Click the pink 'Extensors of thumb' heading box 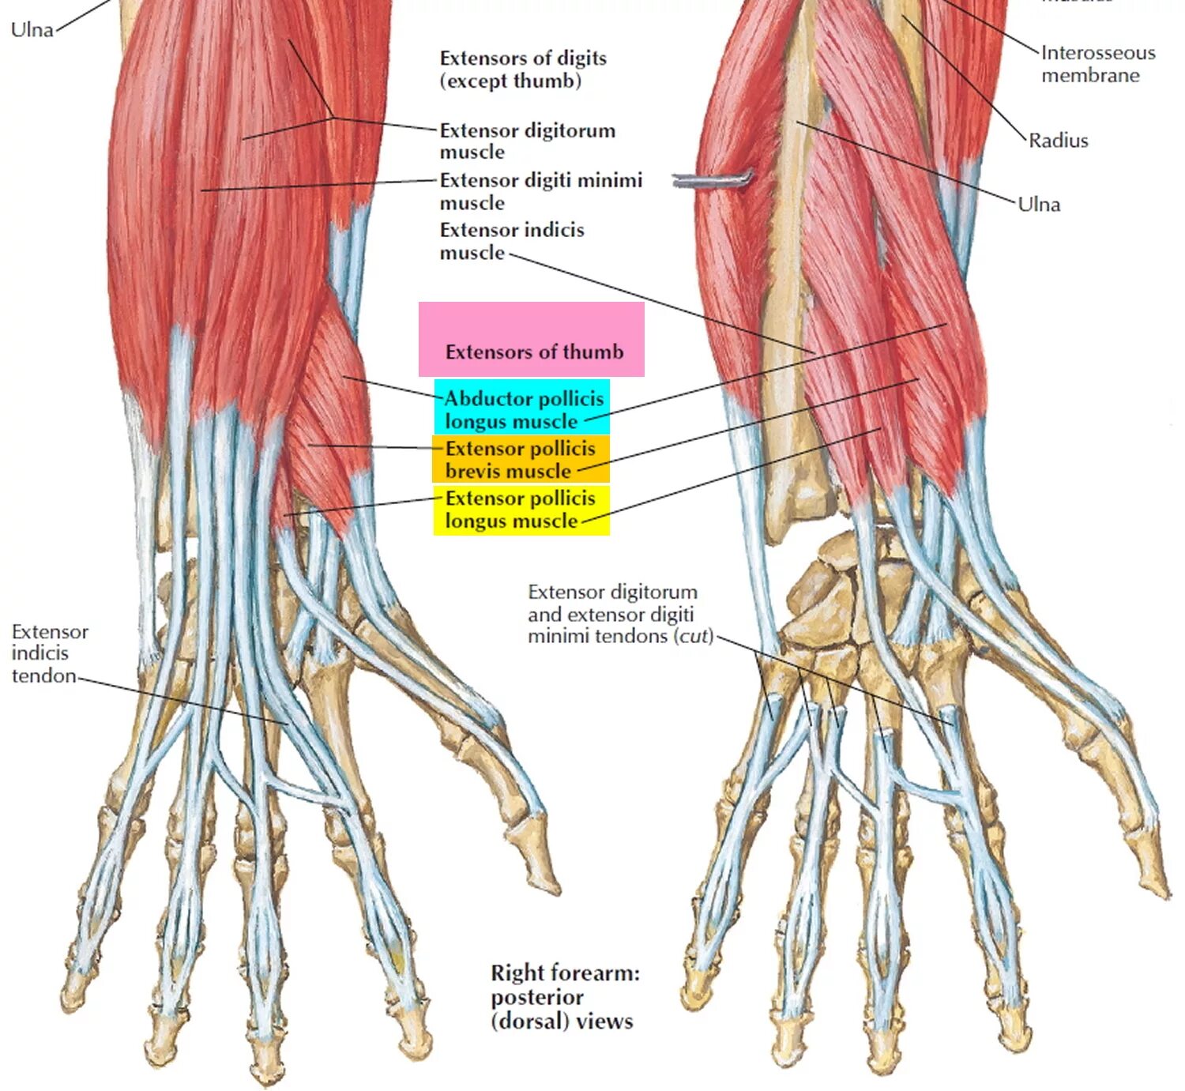coord(531,340)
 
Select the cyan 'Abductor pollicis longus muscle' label coord(522,408)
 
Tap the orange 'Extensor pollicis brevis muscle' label coord(520,459)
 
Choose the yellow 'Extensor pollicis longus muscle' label coord(521,510)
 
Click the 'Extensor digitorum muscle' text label coord(527,141)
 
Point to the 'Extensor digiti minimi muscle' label coord(540,191)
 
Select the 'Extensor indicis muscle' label coord(511,241)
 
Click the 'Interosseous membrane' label coord(1097,64)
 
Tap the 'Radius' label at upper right coord(1058,141)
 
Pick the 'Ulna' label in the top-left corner coord(32,30)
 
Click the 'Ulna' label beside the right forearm coord(1038,205)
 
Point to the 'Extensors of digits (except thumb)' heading coord(523,70)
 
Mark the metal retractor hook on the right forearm coord(711,181)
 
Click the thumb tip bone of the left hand coord(543,860)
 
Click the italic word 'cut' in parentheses coord(694,637)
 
